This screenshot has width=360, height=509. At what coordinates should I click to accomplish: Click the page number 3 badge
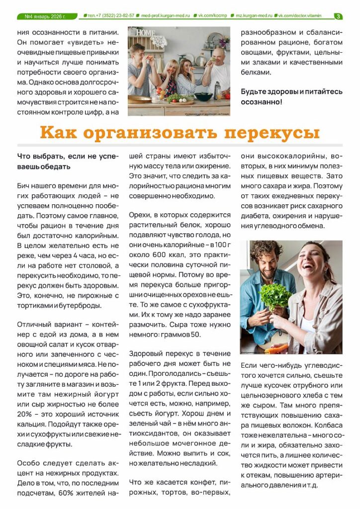click(338, 16)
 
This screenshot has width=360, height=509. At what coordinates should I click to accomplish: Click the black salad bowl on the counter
click(203, 96)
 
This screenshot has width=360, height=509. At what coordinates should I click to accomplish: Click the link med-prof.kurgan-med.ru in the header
click(166, 16)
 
